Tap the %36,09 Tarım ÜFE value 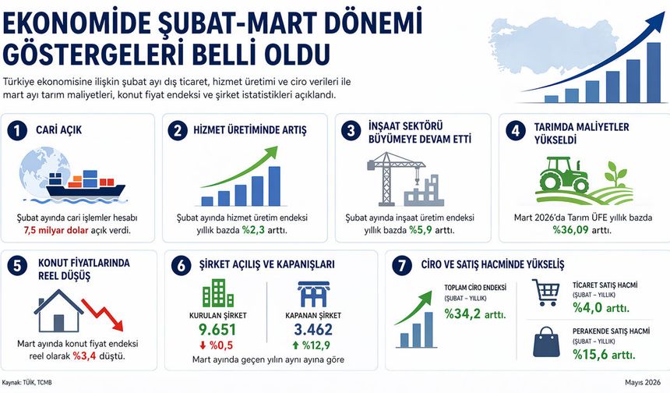(x=572, y=231)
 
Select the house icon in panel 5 (x=58, y=313)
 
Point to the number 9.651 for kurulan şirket (x=217, y=328)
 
